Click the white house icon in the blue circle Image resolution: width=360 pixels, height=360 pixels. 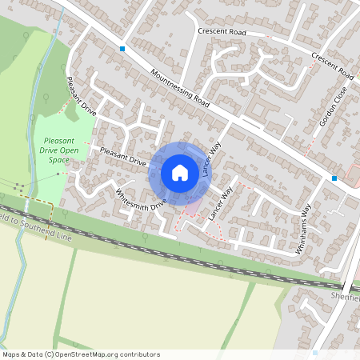pyautogui.click(x=180, y=173)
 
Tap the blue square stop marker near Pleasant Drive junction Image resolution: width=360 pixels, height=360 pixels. pyautogui.click(x=122, y=49)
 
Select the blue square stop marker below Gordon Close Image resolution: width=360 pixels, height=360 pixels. pyautogui.click(x=334, y=178)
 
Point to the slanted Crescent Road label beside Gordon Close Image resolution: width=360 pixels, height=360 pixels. pyautogui.click(x=333, y=66)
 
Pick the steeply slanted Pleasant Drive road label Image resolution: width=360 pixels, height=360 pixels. pyautogui.click(x=82, y=98)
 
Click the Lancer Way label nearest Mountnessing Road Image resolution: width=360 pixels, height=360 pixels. pyautogui.click(x=211, y=160)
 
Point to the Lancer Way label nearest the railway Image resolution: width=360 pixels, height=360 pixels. pyautogui.click(x=220, y=205)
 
